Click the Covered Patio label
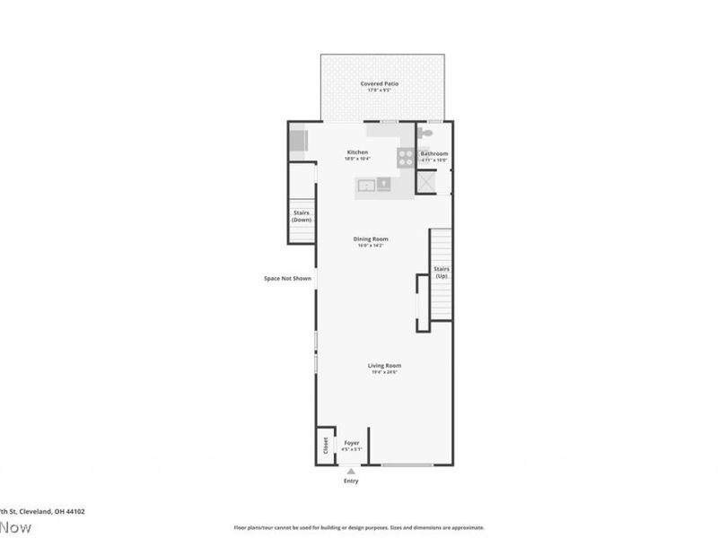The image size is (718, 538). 380,83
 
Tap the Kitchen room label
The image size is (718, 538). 357,152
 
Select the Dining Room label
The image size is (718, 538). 372,239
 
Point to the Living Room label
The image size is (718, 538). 383,365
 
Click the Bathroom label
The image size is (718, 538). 434,153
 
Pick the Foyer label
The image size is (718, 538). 352,442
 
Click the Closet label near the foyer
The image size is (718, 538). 325,445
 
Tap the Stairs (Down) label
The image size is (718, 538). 302,215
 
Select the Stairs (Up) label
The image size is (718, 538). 441,272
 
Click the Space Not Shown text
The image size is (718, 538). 287,278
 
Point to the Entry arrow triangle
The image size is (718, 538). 351,471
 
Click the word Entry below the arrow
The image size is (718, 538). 351,482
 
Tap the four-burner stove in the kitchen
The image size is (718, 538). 407,158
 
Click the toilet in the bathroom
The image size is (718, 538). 426,134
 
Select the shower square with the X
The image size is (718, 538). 426,182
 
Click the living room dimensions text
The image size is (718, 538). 383,372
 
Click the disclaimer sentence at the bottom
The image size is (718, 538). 359,527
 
